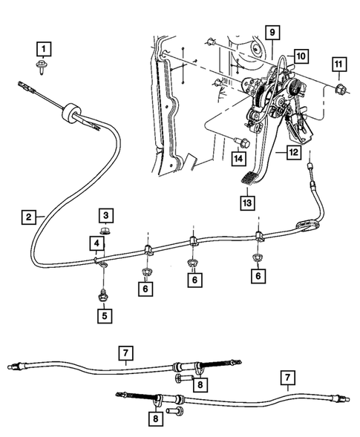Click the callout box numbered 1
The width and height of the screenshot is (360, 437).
45,50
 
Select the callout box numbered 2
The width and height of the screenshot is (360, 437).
27,217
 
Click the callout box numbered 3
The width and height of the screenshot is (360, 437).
106,215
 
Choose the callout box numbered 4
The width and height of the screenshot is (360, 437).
97,243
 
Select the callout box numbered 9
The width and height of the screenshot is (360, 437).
272,32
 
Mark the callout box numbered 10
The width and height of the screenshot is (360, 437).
301,56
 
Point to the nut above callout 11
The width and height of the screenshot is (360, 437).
339,91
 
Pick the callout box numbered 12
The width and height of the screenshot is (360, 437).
295,154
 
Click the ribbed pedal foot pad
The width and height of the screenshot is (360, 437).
250,177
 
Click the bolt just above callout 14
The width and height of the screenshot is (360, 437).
239,142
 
